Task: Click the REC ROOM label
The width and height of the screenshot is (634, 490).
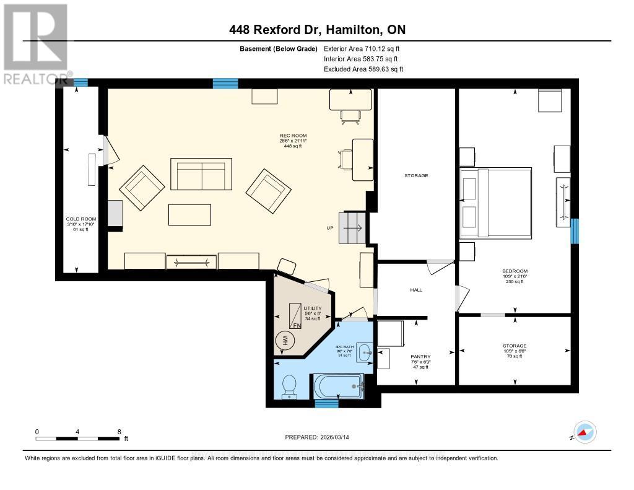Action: point(293,136)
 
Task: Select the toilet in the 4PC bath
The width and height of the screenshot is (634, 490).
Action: point(289,386)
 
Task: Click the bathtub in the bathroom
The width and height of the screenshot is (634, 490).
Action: point(338,387)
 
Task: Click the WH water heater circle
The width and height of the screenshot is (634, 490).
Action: point(286,340)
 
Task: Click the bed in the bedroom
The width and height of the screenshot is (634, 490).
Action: point(495,203)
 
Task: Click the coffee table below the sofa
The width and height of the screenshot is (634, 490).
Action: point(189,214)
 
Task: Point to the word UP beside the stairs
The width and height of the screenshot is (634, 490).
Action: point(331,228)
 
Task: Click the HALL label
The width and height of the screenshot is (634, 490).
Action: point(416,289)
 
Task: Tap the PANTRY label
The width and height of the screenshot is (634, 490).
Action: point(420,357)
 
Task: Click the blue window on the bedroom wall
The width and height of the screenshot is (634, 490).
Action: point(574,231)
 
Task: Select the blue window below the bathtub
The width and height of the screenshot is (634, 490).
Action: point(326,404)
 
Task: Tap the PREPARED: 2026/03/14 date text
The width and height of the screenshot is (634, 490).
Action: point(318,437)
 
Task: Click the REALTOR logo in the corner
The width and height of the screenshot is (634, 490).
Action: point(35,43)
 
